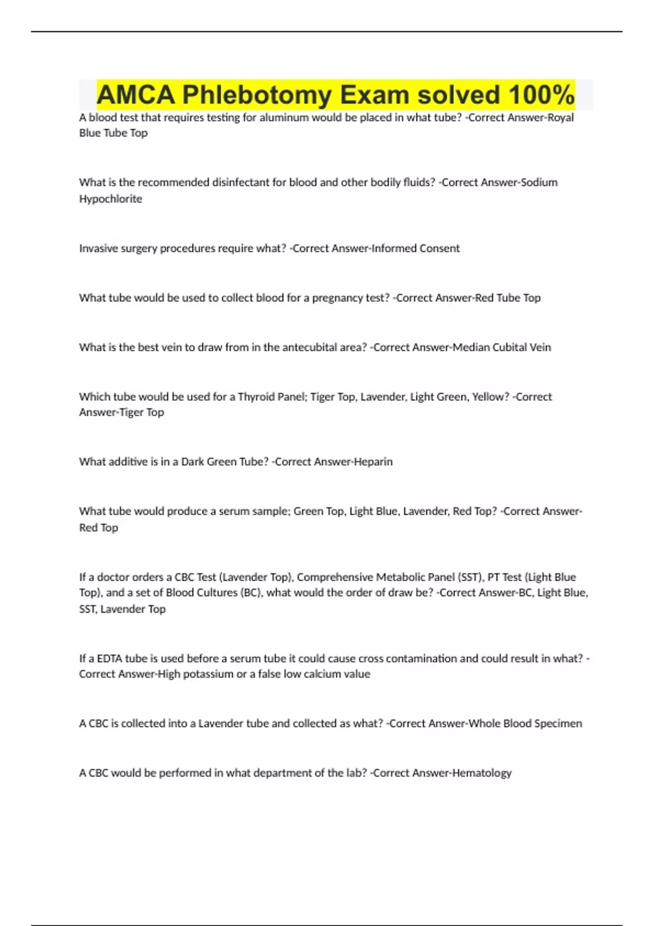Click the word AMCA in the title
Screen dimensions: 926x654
click(x=136, y=95)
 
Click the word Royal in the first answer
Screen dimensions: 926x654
click(x=560, y=118)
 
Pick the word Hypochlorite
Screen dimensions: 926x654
click(x=111, y=199)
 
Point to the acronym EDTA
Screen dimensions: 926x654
click(x=109, y=659)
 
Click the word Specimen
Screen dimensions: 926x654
click(x=558, y=724)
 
